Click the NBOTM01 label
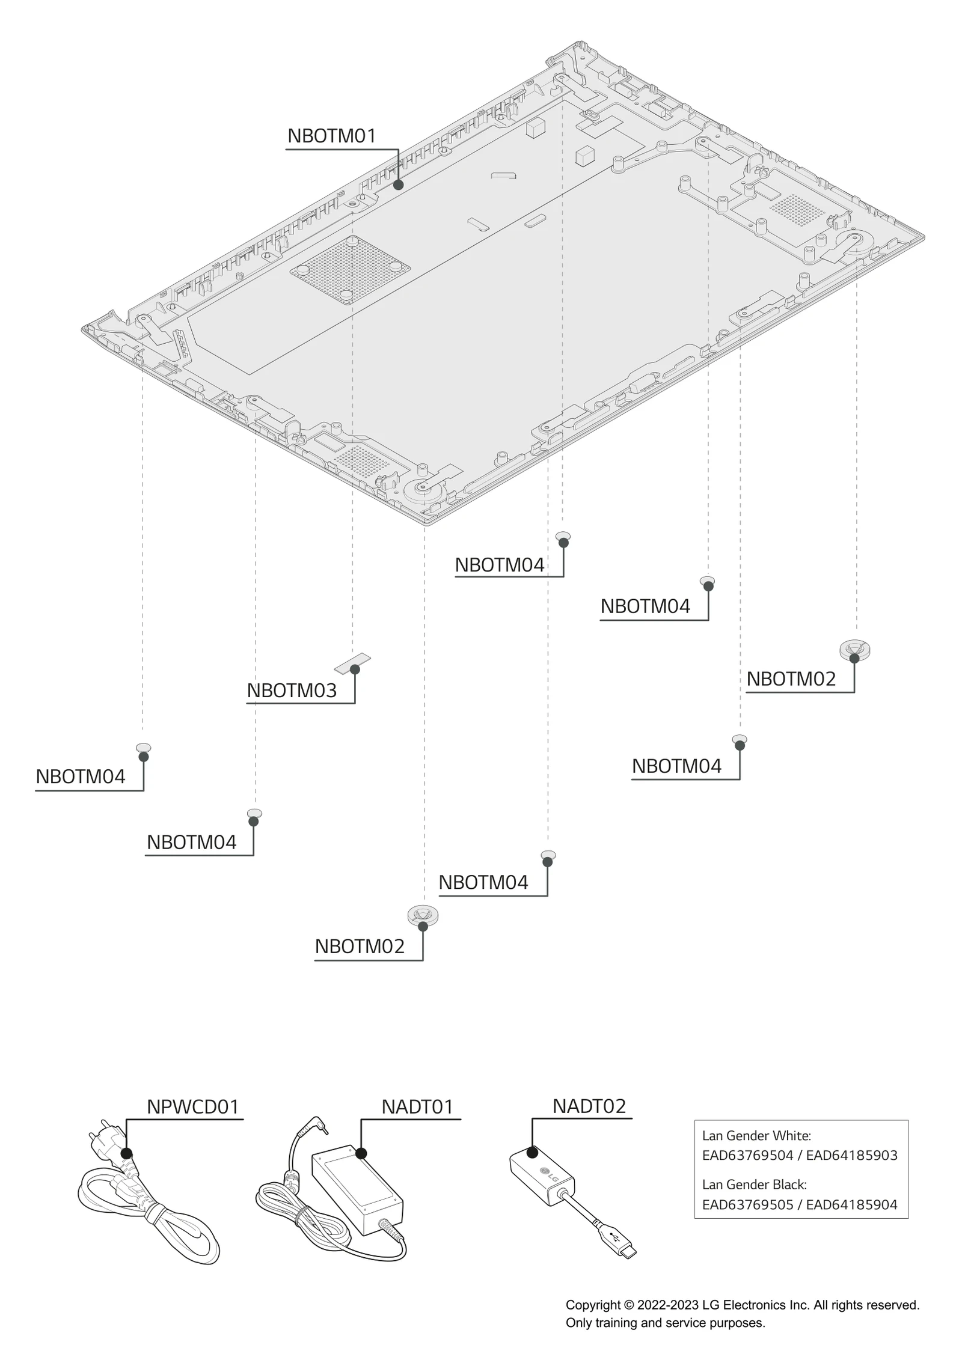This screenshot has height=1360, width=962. click(x=331, y=136)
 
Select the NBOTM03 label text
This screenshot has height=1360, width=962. click(x=292, y=691)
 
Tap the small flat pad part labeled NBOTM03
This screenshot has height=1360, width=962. click(x=352, y=663)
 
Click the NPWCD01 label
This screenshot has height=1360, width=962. click(x=192, y=1106)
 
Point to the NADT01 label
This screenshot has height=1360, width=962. click(x=417, y=1106)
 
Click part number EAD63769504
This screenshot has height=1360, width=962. click(x=747, y=1155)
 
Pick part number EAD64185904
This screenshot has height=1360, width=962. click(x=851, y=1204)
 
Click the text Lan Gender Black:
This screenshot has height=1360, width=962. click(x=754, y=1185)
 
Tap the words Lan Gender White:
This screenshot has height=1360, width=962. click(x=756, y=1135)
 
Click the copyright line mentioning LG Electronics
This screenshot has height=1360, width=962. click(x=742, y=1305)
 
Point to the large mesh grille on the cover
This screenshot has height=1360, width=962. click(x=350, y=269)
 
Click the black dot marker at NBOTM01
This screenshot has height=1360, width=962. click(x=398, y=184)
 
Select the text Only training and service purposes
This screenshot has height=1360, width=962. click(x=665, y=1323)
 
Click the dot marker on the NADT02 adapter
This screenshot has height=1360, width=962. click(x=532, y=1152)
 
